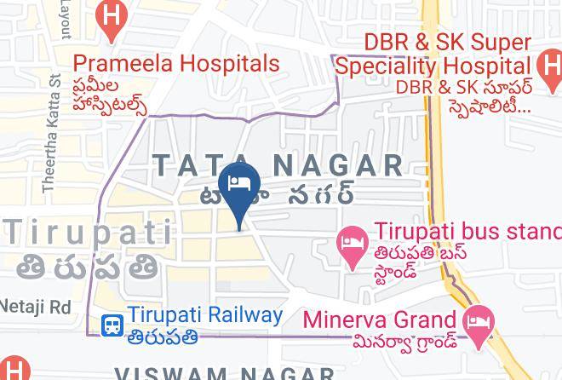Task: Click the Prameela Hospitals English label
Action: (176, 64)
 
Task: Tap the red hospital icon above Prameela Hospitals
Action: (111, 18)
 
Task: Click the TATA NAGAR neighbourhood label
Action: (276, 164)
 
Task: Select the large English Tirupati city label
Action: (87, 230)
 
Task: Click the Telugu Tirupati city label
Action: (89, 267)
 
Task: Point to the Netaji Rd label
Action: (36, 305)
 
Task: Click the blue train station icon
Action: (112, 325)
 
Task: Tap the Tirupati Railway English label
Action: (205, 314)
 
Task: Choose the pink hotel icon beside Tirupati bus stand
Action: (353, 244)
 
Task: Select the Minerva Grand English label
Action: (380, 320)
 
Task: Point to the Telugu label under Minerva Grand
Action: (403, 342)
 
